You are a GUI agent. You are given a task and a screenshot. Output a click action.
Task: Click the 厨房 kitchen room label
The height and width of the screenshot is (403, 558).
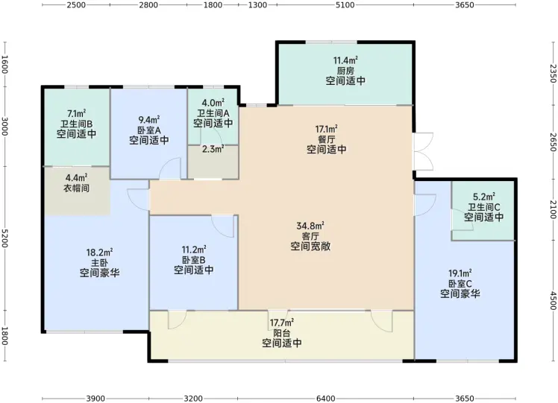coord(345,70)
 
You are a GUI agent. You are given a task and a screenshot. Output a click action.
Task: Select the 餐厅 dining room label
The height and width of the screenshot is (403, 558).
coord(326,139)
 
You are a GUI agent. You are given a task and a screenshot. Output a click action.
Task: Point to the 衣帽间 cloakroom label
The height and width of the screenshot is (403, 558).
coord(77,188)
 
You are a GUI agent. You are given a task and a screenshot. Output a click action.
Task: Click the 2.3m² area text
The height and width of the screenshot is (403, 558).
coord(213,149)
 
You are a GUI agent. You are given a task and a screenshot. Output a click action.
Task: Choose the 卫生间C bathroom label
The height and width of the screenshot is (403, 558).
coord(483,207)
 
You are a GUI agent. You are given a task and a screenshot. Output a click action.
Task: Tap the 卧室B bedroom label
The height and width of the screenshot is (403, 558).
coord(194,260)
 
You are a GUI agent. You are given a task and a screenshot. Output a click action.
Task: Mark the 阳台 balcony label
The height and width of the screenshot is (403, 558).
coord(282,333)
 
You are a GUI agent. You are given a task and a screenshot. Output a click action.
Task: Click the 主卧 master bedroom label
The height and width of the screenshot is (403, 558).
coord(100,263)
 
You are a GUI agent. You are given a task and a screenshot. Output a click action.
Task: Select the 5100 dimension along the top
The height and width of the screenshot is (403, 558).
coord(345,5)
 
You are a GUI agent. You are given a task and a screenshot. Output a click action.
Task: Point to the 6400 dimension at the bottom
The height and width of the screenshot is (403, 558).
coord(325,399)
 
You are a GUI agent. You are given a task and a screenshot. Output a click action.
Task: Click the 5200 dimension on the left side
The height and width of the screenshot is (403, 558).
coord(4,238)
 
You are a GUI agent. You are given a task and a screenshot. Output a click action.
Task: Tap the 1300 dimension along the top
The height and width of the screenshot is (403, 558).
coord(257,5)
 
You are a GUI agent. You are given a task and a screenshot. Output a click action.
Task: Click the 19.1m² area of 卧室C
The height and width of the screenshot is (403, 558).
coord(460,273)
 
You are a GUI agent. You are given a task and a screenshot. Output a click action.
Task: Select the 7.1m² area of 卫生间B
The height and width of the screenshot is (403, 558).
coord(77,114)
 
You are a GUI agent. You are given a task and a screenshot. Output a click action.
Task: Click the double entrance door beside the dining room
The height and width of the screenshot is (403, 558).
coord(424,151)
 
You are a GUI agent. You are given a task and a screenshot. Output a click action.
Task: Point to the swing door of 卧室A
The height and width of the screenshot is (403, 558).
coord(170,168)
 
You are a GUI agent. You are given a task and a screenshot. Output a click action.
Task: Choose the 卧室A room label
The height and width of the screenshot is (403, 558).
coord(149,130)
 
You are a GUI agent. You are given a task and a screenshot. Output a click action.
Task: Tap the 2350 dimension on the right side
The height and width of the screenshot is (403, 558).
coord(553,73)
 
